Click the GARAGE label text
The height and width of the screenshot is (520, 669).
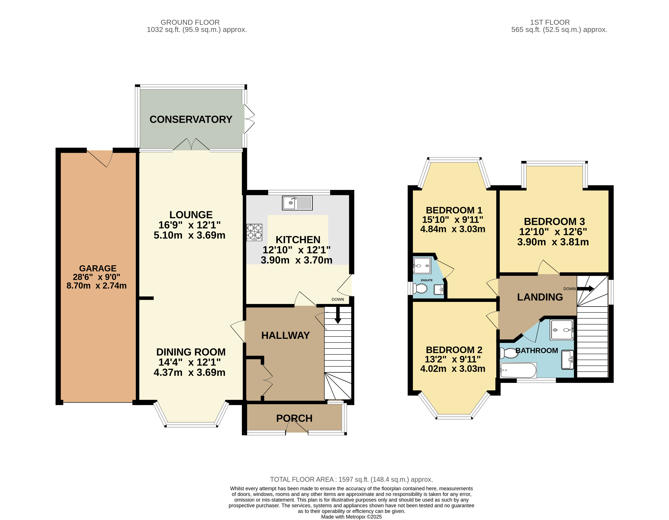click(x=98, y=268)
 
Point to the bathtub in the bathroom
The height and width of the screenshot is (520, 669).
click(x=518, y=370)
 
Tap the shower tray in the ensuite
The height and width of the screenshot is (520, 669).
click(x=422, y=265)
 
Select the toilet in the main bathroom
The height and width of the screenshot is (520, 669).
click(x=509, y=353)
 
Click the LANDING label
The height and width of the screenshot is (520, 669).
click(x=540, y=297)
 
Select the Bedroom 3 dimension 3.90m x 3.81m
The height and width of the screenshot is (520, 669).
click(x=553, y=242)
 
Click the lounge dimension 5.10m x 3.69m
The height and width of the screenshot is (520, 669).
click(x=190, y=235)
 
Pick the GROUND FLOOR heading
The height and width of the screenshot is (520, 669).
click(x=190, y=22)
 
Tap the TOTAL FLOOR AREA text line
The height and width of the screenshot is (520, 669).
click(x=351, y=480)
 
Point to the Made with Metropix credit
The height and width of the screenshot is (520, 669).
click(x=351, y=517)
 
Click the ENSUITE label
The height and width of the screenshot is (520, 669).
click(x=427, y=280)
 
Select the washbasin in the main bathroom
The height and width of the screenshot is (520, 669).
click(x=567, y=360)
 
